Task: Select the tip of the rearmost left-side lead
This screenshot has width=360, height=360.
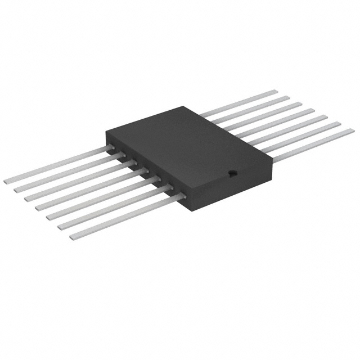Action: coord(7,181)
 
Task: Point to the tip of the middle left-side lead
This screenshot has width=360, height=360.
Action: coord(39,208)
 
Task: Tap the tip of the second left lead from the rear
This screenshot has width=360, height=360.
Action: coord(17,190)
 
